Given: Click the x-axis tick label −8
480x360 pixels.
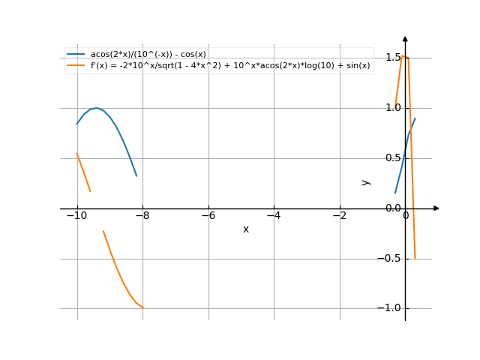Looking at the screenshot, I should pyautogui.click(x=142, y=216).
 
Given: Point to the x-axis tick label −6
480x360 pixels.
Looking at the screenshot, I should pyautogui.click(x=208, y=216).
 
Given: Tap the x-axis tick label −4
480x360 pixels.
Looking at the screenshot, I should pyautogui.click(x=274, y=216).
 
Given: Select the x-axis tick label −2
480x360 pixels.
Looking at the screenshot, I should pyautogui.click(x=339, y=216).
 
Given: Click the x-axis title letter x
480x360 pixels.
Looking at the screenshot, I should pyautogui.click(x=246, y=229).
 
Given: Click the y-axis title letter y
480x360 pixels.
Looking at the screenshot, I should pyautogui.click(x=366, y=181).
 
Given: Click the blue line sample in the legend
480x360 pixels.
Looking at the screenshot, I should pyautogui.click(x=76, y=55).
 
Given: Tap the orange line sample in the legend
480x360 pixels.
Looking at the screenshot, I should pyautogui.click(x=76, y=65).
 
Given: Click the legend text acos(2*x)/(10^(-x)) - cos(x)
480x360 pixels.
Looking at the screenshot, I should pyautogui.click(x=148, y=55).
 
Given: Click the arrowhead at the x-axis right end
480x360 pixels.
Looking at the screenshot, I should pyautogui.click(x=436, y=208).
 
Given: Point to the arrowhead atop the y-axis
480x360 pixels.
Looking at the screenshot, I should pyautogui.click(x=405, y=37).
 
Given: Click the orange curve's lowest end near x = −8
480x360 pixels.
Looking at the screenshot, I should pyautogui.click(x=142, y=307).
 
